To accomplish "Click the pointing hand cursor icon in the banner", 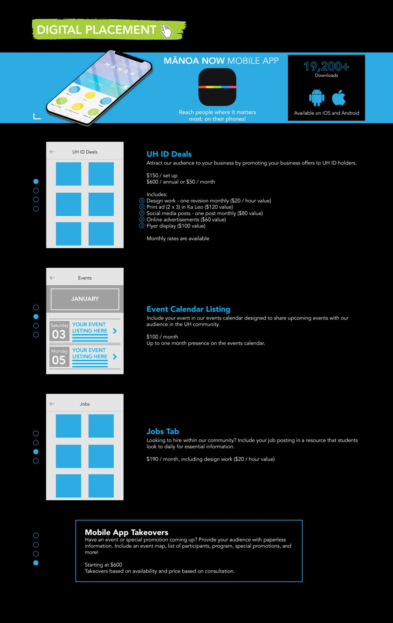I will click(x=167, y=31).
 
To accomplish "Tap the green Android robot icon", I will click(x=316, y=97).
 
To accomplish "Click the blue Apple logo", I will click(x=339, y=98).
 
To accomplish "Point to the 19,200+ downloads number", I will click(x=326, y=66).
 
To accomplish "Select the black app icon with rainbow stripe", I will click(x=217, y=87).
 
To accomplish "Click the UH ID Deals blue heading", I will click(x=169, y=154).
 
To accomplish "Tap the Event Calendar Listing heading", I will click(x=188, y=309).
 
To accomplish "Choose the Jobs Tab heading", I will click(x=162, y=431).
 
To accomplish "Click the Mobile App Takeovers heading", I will click(x=126, y=532).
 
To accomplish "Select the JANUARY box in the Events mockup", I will click(x=85, y=299).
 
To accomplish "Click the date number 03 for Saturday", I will click(x=59, y=334).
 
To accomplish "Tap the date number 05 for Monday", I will click(x=59, y=360).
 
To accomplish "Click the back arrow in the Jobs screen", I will click(x=52, y=404).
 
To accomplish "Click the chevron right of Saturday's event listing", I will click(x=115, y=331).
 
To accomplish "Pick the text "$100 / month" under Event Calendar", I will click(x=162, y=337).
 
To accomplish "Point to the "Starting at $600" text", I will click(x=103, y=565).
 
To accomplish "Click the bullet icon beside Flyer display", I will click(x=142, y=226).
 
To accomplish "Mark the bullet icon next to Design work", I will click(x=142, y=201).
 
